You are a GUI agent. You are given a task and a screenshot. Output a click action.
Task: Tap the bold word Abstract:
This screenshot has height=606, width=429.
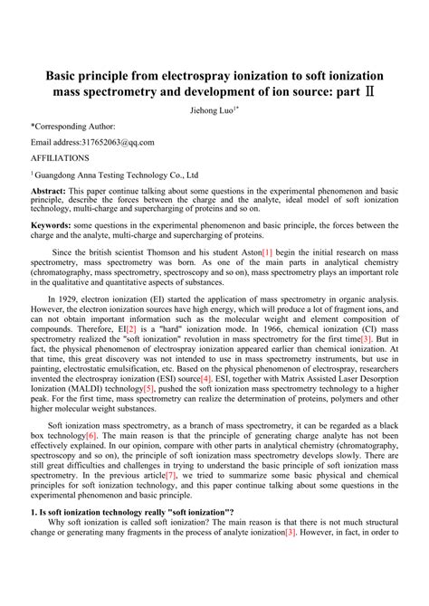[48, 193]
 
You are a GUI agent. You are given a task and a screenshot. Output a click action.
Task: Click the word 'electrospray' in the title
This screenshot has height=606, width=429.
[202, 73]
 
